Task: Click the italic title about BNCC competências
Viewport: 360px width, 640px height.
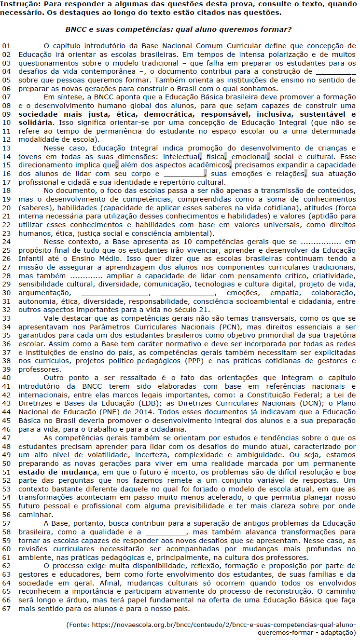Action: (178, 29)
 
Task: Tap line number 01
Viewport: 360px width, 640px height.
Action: (6, 46)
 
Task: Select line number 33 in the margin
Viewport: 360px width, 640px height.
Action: (6, 318)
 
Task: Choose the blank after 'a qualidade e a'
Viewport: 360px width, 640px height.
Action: (165, 530)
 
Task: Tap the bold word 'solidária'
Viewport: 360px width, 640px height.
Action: (34, 123)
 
